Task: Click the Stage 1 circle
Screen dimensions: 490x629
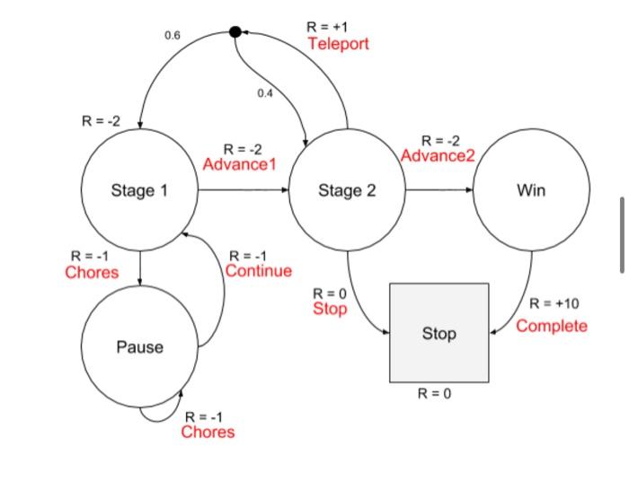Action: coord(139,190)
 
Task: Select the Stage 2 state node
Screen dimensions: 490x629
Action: coord(347,190)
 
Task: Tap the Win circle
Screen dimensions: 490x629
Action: coord(531,190)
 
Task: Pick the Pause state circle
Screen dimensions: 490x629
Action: coord(139,346)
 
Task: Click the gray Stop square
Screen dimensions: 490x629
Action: coord(439,334)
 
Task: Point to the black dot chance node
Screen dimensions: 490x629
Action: coord(235,31)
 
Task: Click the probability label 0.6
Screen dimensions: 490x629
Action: coord(173,35)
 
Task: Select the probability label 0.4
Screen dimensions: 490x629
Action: coord(264,93)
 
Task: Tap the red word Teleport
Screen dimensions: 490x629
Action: coord(338,44)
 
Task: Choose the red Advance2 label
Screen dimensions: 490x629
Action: coord(437,156)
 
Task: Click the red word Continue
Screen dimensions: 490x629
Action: coord(259,271)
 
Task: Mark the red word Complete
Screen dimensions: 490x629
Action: coord(552,326)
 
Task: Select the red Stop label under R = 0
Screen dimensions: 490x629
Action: coord(329,309)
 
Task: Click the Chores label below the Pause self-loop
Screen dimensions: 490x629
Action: coord(208,433)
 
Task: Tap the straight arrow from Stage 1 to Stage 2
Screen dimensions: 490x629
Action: coord(243,190)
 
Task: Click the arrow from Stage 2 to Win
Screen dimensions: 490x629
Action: coord(439,190)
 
